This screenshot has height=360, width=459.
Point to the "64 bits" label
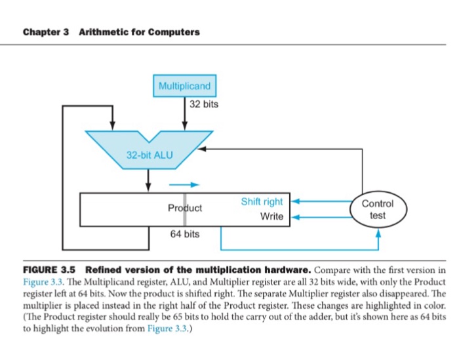184,234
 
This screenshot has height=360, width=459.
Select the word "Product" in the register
185,208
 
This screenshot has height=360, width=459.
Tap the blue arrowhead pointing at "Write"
294,216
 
